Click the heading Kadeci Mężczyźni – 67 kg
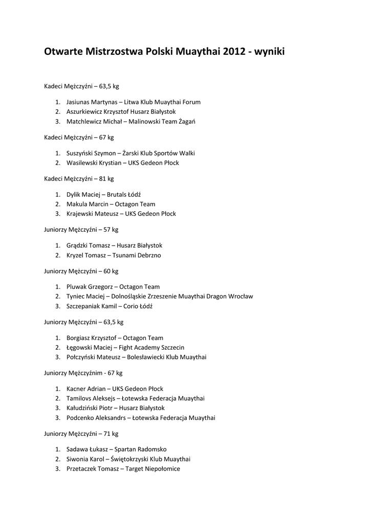(x=79, y=137)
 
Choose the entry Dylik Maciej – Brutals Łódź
(x=103, y=195)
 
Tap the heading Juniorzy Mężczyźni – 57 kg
(x=81, y=230)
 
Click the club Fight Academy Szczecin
(x=151, y=348)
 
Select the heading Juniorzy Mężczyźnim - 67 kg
(x=83, y=373)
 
